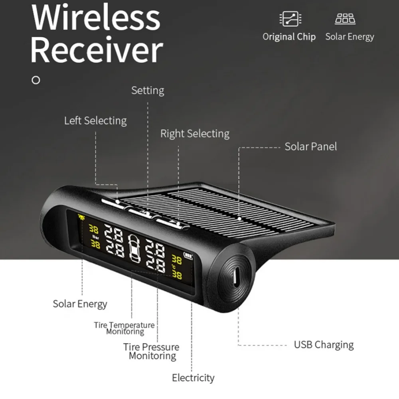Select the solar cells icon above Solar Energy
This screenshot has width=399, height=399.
[345, 18]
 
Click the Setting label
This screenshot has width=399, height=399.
[148, 91]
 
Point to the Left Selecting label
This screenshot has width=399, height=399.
[95, 120]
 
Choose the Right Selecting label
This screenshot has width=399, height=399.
[195, 134]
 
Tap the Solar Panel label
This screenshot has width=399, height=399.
[310, 146]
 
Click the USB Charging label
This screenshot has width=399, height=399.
[324, 345]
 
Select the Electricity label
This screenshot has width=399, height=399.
[193, 377]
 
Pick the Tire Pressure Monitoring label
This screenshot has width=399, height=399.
[151, 352]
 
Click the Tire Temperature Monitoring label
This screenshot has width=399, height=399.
[124, 328]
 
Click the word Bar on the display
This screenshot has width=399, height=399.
[95, 237]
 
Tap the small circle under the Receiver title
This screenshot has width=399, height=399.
[36, 80]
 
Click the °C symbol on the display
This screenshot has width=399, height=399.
[173, 267]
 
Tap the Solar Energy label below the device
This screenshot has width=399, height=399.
[80, 304]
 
